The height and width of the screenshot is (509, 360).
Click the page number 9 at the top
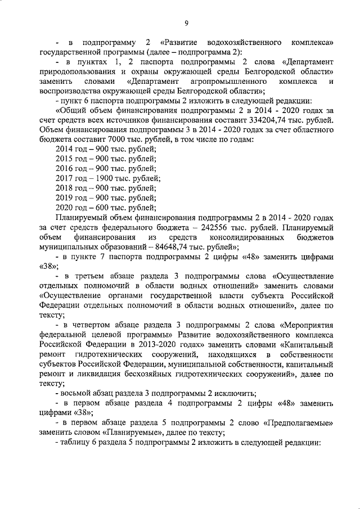(x=186, y=22)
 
